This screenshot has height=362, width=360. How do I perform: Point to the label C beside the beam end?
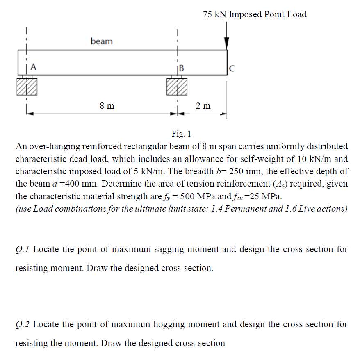click(x=232, y=68)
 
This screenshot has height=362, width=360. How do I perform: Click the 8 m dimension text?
click(x=107, y=106)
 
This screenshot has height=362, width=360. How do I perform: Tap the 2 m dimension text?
click(x=203, y=106)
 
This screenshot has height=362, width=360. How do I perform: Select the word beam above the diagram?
click(x=102, y=41)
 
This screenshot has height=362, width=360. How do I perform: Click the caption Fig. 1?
click(x=181, y=134)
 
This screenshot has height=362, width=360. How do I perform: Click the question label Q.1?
click(x=23, y=249)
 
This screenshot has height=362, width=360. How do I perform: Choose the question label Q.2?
click(x=23, y=324)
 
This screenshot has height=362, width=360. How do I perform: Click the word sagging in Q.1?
click(x=159, y=249)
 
